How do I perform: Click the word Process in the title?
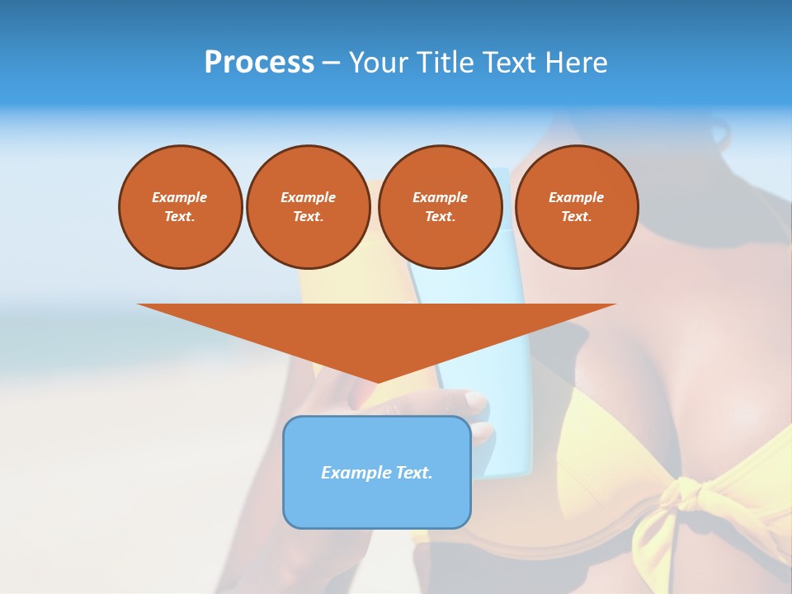pos(259,63)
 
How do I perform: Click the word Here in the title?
pos(574,63)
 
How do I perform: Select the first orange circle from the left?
pos(180,206)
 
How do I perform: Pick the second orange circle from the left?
pos(308,206)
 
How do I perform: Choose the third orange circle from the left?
pos(440,206)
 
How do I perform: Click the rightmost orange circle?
pos(577,206)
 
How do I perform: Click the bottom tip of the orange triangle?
pos(377,381)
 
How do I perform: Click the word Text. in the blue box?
pos(414,473)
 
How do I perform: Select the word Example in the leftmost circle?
pos(180,197)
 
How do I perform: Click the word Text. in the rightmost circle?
pos(577,216)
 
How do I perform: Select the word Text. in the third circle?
pos(440,216)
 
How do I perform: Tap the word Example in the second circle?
pos(308,197)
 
